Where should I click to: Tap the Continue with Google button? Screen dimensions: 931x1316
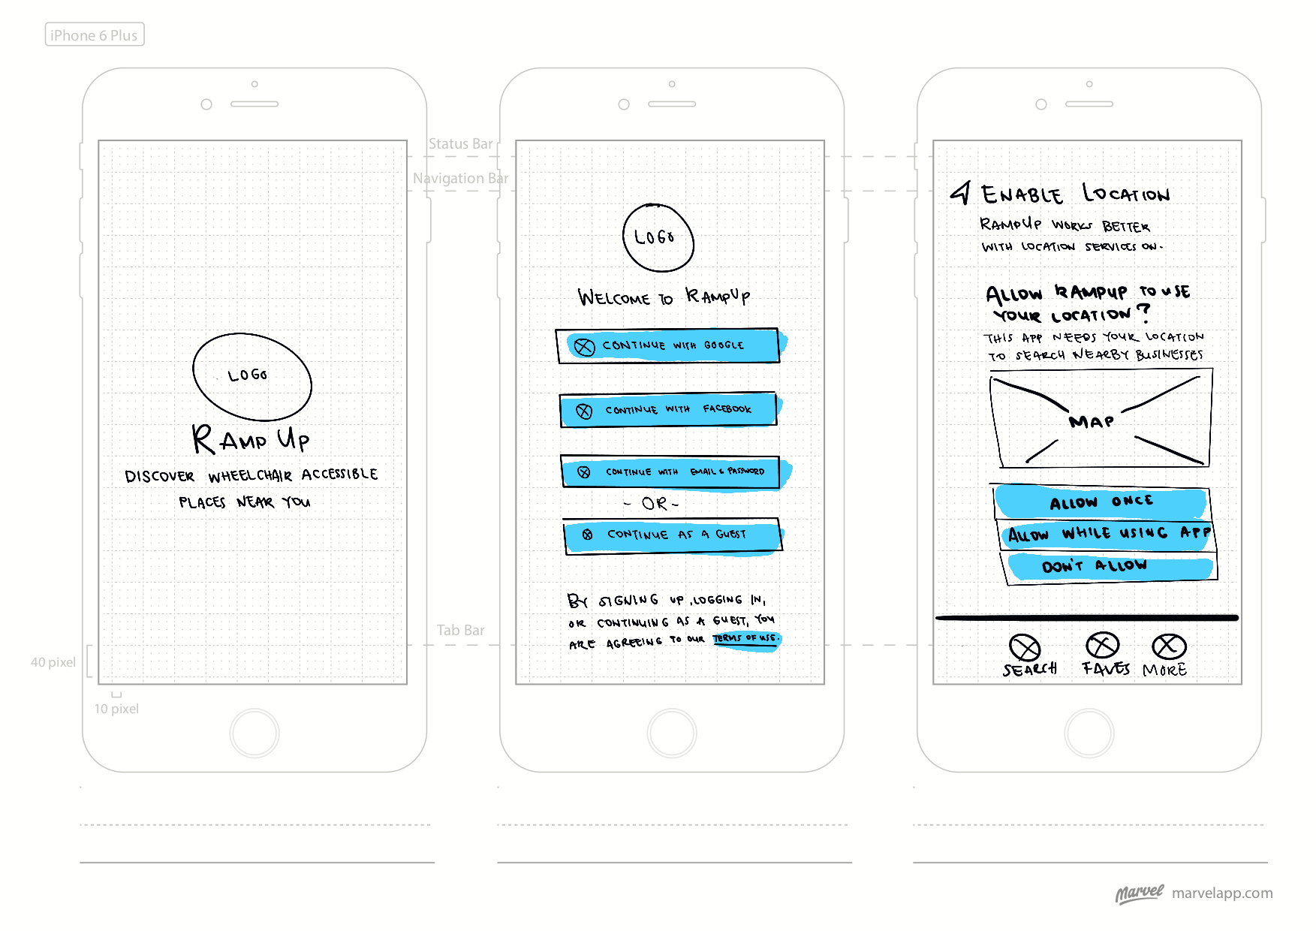tap(668, 345)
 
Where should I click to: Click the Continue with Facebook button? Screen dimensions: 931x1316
tap(668, 410)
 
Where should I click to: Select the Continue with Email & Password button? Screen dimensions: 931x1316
tap(670, 472)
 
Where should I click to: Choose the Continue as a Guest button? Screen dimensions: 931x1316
tap(673, 535)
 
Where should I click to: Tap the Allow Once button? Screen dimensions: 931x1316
tap(1101, 502)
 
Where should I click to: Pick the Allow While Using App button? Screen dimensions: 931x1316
tap(1107, 534)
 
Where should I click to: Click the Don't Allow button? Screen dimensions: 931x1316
tap(1109, 566)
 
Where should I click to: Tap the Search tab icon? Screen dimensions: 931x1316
tap(1025, 647)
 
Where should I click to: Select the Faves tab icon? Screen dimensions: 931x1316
tap(1102, 645)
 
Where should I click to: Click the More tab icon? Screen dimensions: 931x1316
tap(1169, 646)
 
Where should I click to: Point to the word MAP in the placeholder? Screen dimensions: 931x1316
tap(1092, 422)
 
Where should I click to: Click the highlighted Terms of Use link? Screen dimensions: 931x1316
tap(745, 639)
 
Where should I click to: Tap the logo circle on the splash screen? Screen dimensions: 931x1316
tap(252, 376)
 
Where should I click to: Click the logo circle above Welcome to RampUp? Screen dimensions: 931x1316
tap(658, 237)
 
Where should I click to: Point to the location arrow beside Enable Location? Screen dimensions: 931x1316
tap(961, 193)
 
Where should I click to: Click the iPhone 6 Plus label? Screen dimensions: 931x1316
tap(95, 35)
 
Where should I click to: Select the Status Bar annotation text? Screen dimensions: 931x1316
tap(460, 143)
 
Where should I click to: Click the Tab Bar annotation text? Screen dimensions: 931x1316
tap(460, 630)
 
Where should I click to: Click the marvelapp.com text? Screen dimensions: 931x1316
tap(1221, 893)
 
